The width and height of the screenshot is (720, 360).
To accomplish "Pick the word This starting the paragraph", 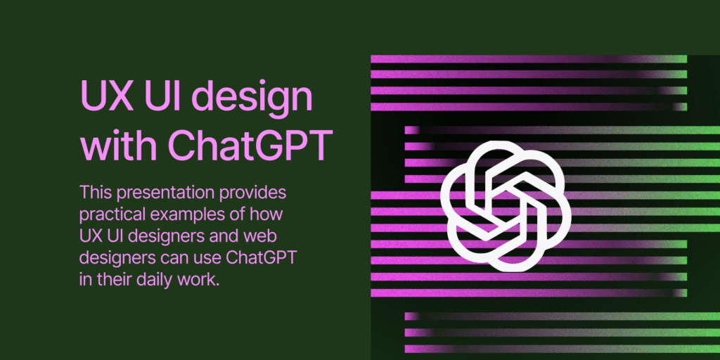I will [96, 191].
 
